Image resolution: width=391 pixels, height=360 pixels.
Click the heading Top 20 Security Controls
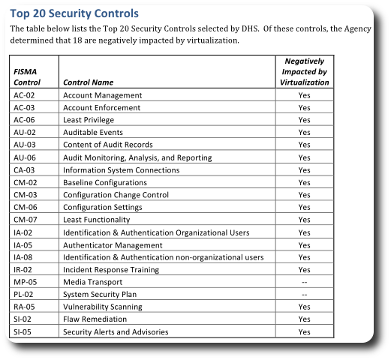pyautogui.click(x=74, y=14)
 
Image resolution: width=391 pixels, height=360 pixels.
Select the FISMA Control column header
pyautogui.click(x=26, y=76)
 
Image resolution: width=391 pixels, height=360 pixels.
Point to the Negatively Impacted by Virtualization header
pyautogui.click(x=304, y=71)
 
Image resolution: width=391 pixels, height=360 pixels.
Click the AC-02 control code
pyautogui.click(x=25, y=96)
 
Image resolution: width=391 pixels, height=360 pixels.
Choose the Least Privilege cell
pyautogui.click(x=89, y=120)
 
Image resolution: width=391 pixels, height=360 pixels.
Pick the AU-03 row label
pyautogui.click(x=25, y=145)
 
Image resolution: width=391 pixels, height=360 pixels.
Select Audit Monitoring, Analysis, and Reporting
pyautogui.click(x=137, y=157)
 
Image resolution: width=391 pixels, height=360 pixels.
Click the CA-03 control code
pyautogui.click(x=25, y=170)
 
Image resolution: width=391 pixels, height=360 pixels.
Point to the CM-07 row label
pyautogui.click(x=25, y=220)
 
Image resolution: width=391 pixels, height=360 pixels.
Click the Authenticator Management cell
pyautogui.click(x=113, y=245)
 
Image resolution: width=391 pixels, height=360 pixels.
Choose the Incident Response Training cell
pyautogui.click(x=111, y=270)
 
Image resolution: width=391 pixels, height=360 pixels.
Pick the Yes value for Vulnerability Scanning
pyautogui.click(x=304, y=307)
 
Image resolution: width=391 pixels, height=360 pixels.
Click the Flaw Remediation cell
pyautogui.click(x=95, y=319)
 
